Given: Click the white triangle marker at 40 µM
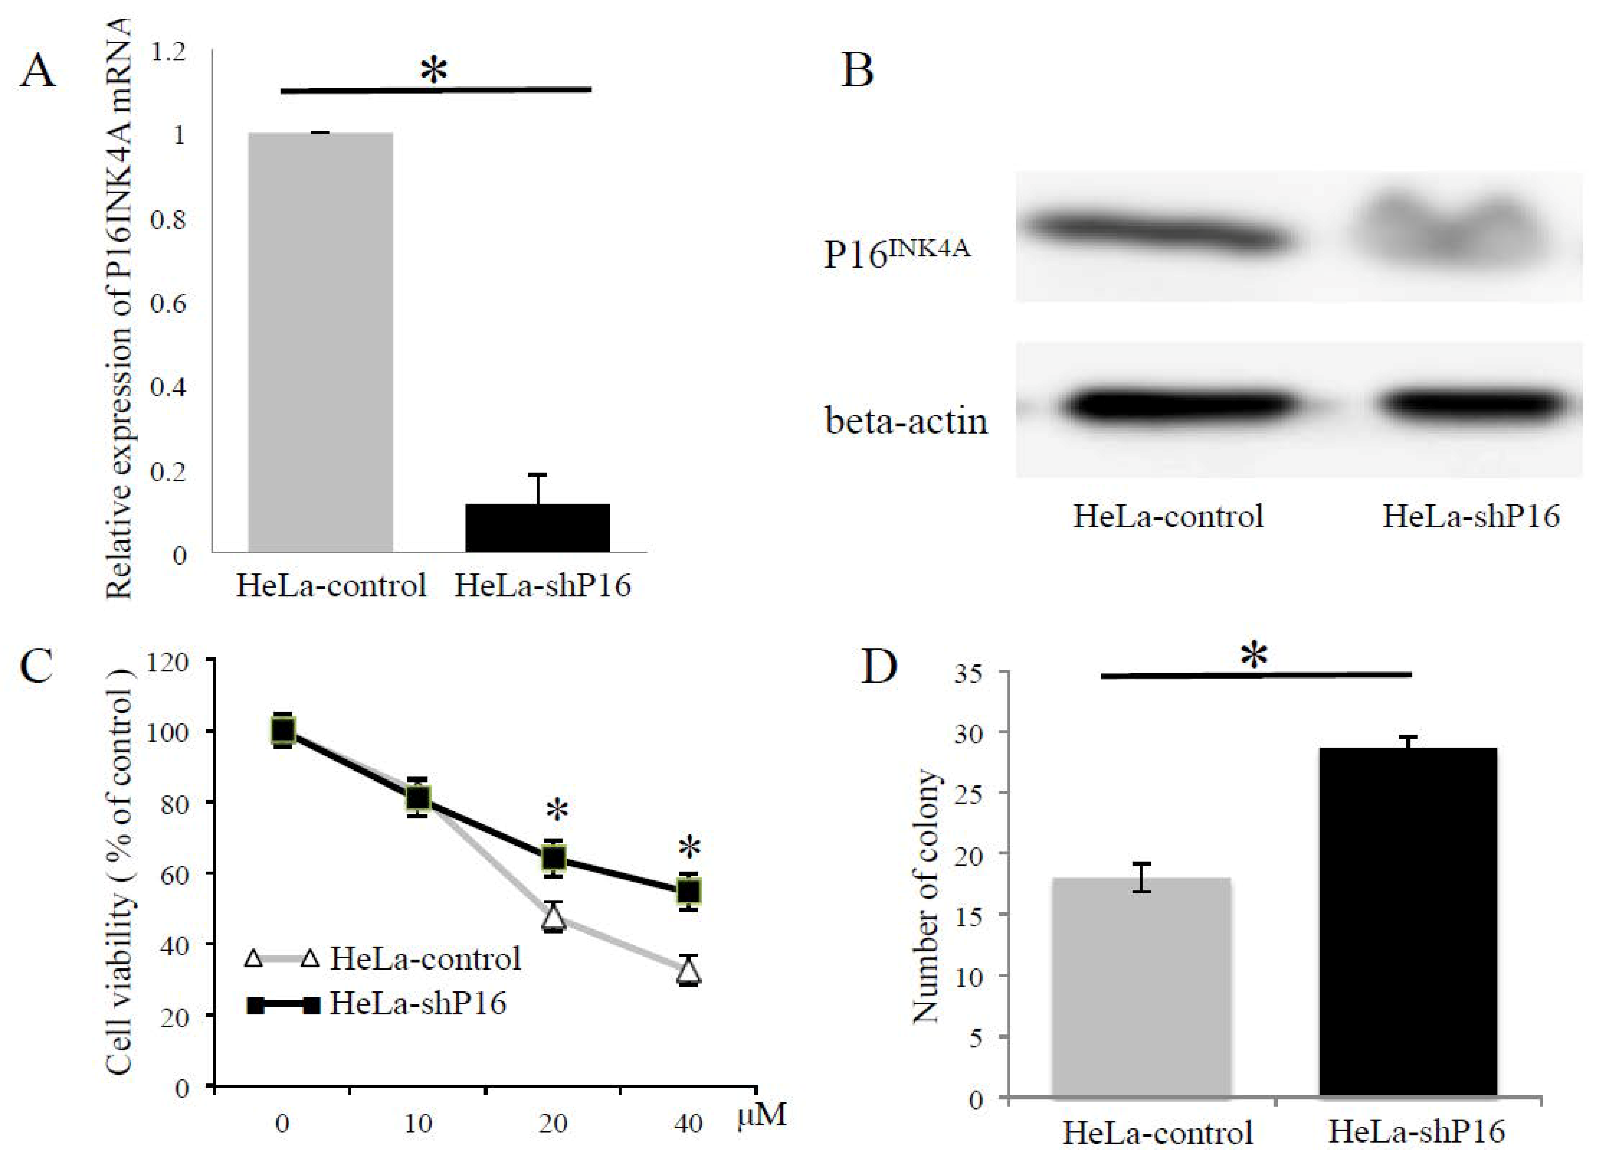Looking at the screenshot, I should [x=689, y=972].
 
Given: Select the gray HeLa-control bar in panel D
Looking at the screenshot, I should [x=1141, y=988].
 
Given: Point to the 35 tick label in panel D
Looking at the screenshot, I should [x=968, y=673].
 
